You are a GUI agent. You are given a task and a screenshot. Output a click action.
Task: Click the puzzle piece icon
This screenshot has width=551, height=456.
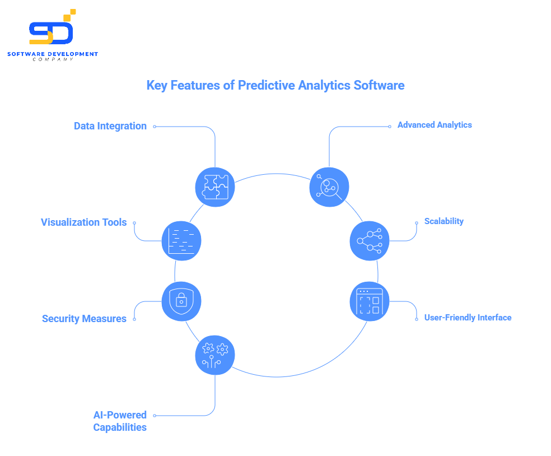pyautogui.click(x=215, y=187)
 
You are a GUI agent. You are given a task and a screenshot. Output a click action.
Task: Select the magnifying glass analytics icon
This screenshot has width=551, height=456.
pyautogui.click(x=329, y=187)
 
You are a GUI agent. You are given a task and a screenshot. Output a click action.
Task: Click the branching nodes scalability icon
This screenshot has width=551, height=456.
pyautogui.click(x=369, y=241)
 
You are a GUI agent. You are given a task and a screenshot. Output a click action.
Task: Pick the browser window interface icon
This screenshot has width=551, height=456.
pyautogui.click(x=369, y=301)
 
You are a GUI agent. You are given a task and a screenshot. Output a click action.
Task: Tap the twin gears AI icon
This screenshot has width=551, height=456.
pyautogui.click(x=215, y=356)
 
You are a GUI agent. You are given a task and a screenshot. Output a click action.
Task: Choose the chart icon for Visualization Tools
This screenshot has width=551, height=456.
pyautogui.click(x=181, y=241)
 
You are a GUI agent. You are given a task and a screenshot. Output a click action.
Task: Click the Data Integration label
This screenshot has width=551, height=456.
pyautogui.click(x=110, y=126)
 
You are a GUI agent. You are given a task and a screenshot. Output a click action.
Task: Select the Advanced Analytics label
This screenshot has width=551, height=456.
pyautogui.click(x=435, y=125)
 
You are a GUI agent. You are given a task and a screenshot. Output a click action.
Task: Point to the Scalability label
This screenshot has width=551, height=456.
pyautogui.click(x=444, y=221)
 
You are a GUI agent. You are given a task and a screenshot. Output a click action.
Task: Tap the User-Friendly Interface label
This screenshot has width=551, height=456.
pyautogui.click(x=468, y=318)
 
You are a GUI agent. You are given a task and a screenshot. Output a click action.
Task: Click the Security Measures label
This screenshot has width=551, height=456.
pyautogui.click(x=84, y=319)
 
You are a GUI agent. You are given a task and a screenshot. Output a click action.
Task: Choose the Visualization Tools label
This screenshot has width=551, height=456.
pyautogui.click(x=84, y=222)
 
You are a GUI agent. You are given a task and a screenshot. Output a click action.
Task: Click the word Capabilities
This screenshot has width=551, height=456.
pyautogui.click(x=120, y=427)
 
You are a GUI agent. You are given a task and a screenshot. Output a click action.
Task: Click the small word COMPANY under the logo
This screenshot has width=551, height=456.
pyautogui.click(x=53, y=59)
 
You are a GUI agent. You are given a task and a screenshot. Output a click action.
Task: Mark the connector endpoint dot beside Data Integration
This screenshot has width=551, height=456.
pyautogui.click(x=155, y=127)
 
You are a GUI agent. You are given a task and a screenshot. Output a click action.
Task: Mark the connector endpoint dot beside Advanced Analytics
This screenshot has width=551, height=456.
pyautogui.click(x=390, y=127)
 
